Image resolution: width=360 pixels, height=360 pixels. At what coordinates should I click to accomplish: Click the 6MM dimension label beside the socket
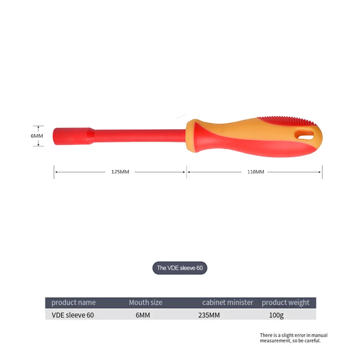point(37,136)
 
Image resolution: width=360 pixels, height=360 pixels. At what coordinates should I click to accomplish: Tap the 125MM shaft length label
point(120,172)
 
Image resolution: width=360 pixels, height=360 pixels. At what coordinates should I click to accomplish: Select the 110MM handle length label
point(255,172)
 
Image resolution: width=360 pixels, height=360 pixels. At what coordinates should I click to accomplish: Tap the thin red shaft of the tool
point(140,136)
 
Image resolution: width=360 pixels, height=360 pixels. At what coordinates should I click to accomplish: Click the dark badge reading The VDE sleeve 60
point(180,268)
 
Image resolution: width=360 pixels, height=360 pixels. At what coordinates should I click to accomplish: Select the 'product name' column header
point(73,302)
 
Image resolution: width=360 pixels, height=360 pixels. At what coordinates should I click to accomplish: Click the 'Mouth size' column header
point(146,302)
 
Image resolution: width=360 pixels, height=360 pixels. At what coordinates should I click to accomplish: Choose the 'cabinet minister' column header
point(228,302)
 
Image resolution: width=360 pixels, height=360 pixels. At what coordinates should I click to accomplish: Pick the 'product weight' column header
point(286,302)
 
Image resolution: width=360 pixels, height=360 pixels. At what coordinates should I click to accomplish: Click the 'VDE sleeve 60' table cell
point(73,315)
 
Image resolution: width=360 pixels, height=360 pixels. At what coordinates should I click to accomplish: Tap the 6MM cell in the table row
point(142,315)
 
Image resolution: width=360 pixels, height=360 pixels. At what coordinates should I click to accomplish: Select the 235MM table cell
point(209,315)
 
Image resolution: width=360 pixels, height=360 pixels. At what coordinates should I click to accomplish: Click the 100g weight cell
point(276,315)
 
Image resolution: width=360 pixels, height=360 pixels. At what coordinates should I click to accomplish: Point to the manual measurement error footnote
point(293,338)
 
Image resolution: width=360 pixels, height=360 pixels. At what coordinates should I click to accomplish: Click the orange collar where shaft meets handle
point(193,136)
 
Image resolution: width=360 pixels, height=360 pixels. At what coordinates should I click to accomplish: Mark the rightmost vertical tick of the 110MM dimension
point(322,172)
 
